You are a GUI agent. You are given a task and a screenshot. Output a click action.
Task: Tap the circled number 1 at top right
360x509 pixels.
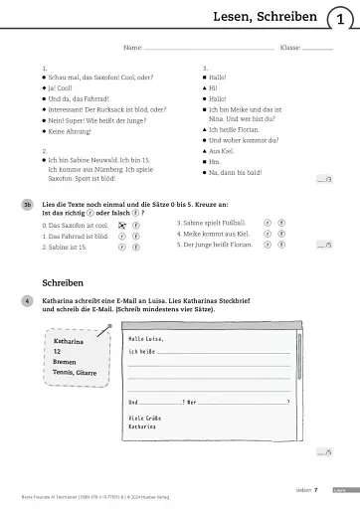[x=341, y=17]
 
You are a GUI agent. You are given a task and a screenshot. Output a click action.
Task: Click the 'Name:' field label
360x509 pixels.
[x=131, y=47]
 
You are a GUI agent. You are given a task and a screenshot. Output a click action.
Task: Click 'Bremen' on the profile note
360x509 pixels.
[x=66, y=362]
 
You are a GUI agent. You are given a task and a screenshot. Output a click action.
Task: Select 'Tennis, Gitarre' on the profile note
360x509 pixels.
[x=78, y=374]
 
